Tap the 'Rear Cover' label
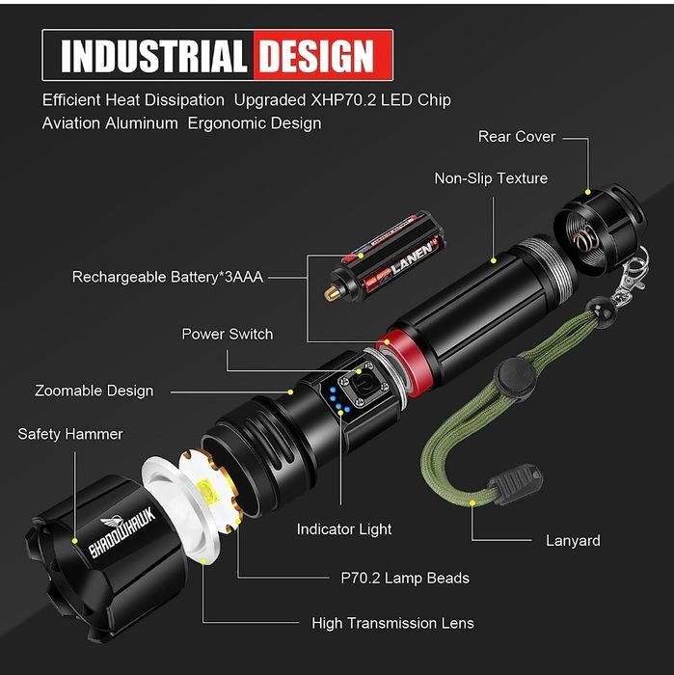tap(517, 137)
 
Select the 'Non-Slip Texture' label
tap(491, 178)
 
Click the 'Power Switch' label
tap(228, 335)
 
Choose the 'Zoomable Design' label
tap(94, 391)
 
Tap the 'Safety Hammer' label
tap(70, 435)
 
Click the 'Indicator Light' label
tap(344, 529)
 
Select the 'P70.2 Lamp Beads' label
tap(405, 579)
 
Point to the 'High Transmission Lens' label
tap(392, 623)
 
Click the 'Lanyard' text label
tap(573, 541)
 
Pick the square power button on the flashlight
tap(365, 389)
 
